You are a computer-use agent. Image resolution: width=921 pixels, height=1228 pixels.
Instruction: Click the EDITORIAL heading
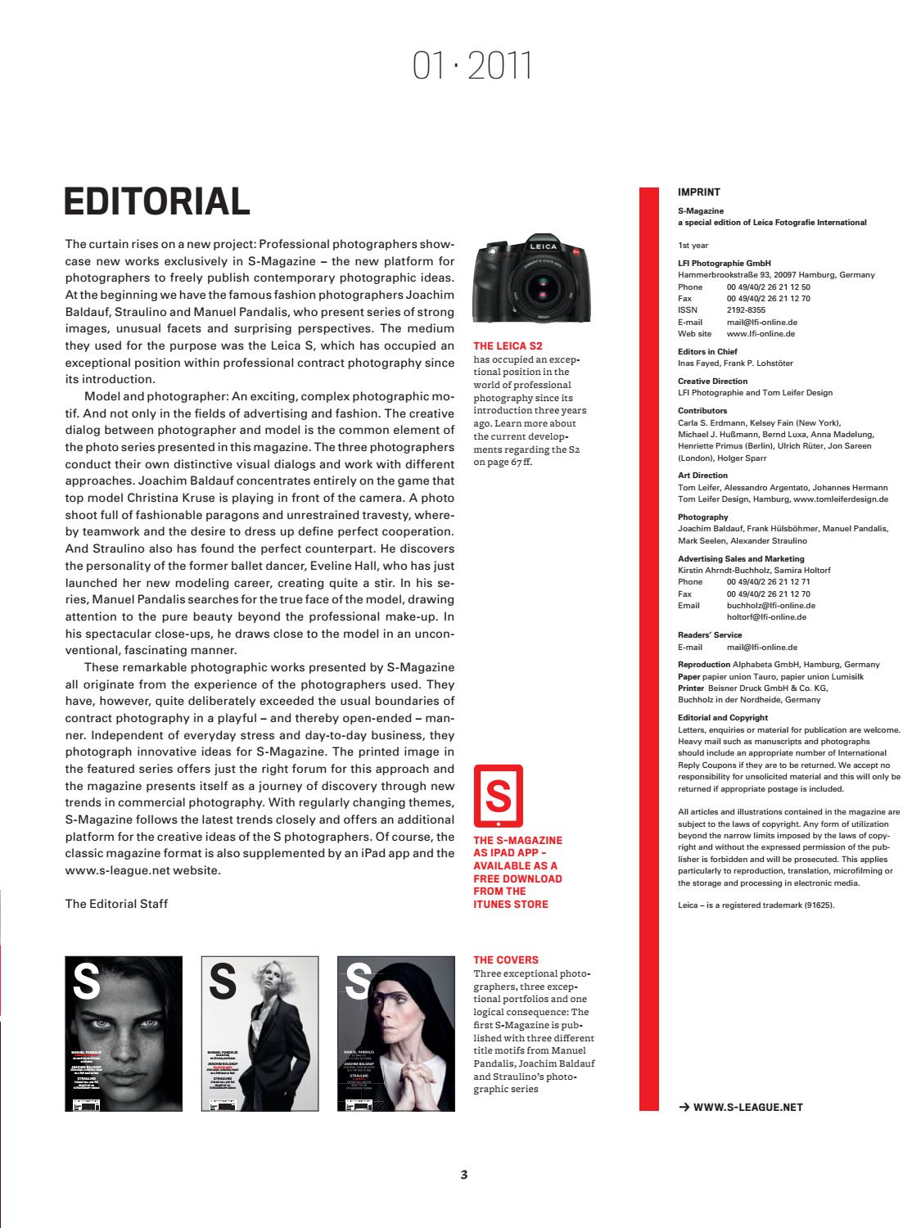(156, 201)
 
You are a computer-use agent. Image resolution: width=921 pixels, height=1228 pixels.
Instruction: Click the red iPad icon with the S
(498, 797)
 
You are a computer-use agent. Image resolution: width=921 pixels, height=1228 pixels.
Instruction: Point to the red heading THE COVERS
(506, 959)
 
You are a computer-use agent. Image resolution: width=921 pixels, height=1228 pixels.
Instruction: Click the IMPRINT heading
(699, 192)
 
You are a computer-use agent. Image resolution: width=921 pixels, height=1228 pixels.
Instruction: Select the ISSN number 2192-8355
(746, 310)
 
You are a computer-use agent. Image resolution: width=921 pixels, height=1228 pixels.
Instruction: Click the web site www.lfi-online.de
(761, 334)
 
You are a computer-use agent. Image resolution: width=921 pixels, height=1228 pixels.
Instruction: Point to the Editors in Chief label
(707, 352)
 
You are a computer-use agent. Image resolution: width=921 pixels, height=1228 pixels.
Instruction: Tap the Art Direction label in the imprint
(702, 475)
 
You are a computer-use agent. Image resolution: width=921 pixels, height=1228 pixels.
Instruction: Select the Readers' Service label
(710, 634)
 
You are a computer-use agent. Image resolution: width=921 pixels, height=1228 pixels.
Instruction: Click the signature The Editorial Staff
(116, 904)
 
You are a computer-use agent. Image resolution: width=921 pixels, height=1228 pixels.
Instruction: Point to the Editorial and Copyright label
(723, 717)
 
